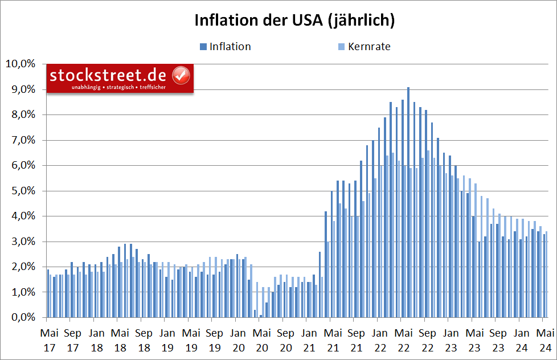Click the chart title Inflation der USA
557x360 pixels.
point(294,21)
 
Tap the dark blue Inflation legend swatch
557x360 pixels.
point(203,47)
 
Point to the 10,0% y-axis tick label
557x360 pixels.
point(20,64)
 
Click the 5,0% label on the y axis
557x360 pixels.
point(22,191)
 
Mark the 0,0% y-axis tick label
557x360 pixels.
point(22,317)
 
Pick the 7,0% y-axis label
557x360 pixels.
point(22,140)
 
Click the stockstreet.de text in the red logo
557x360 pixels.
point(108,75)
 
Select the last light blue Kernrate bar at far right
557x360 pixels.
point(547,274)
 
